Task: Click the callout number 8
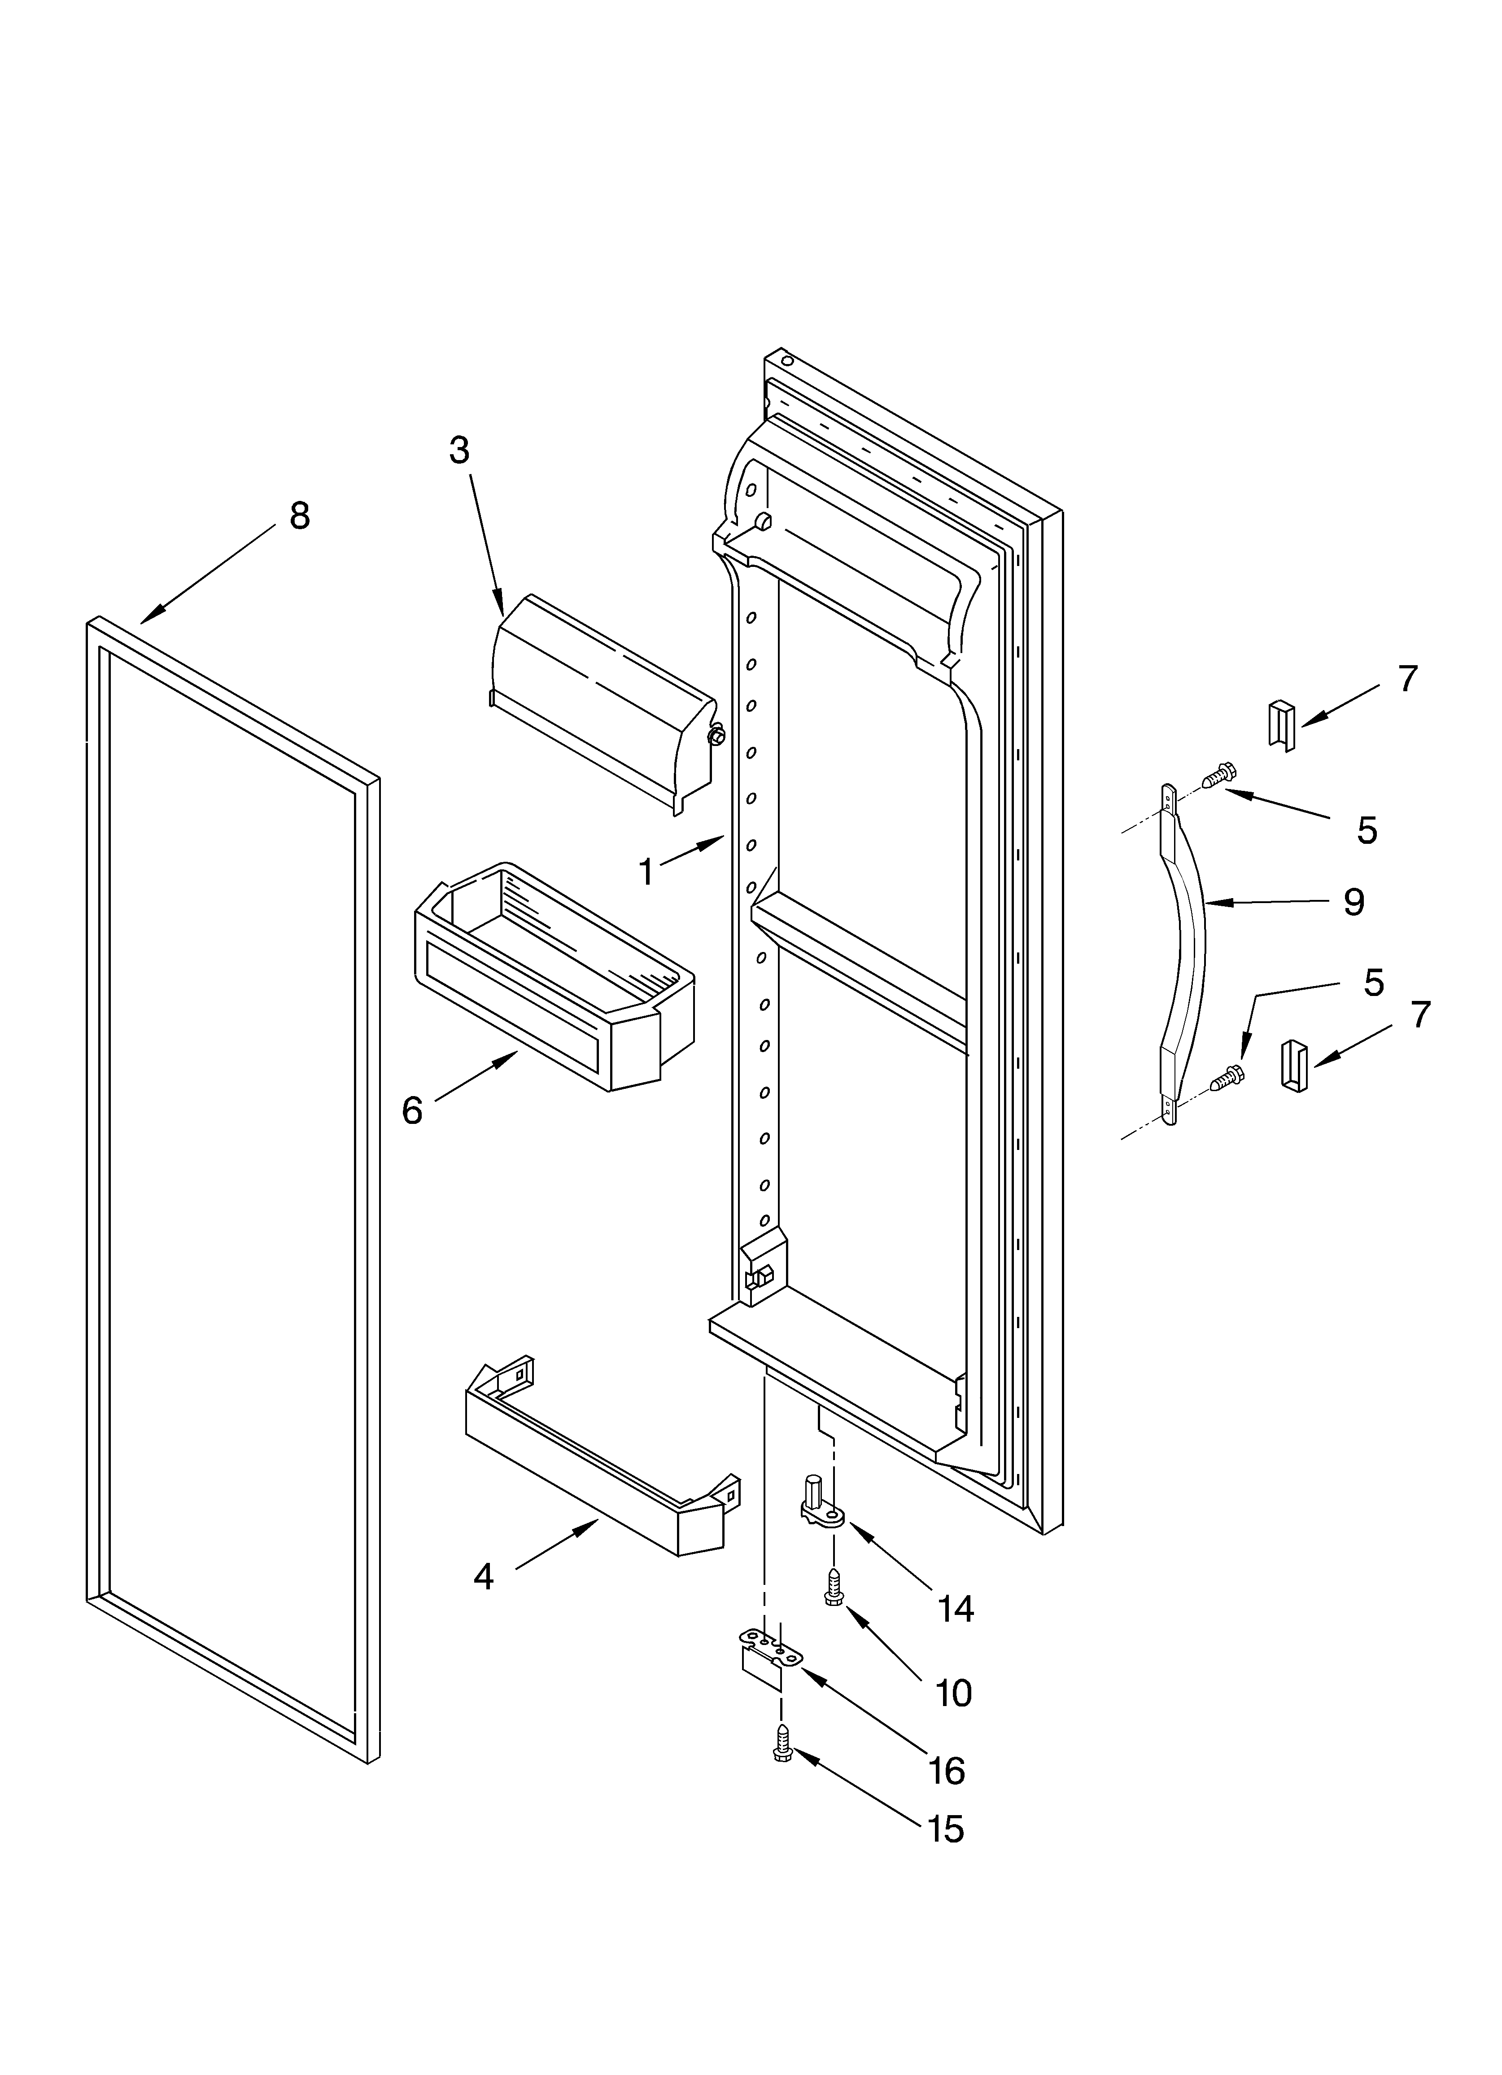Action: click(299, 517)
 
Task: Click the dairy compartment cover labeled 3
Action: click(599, 700)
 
